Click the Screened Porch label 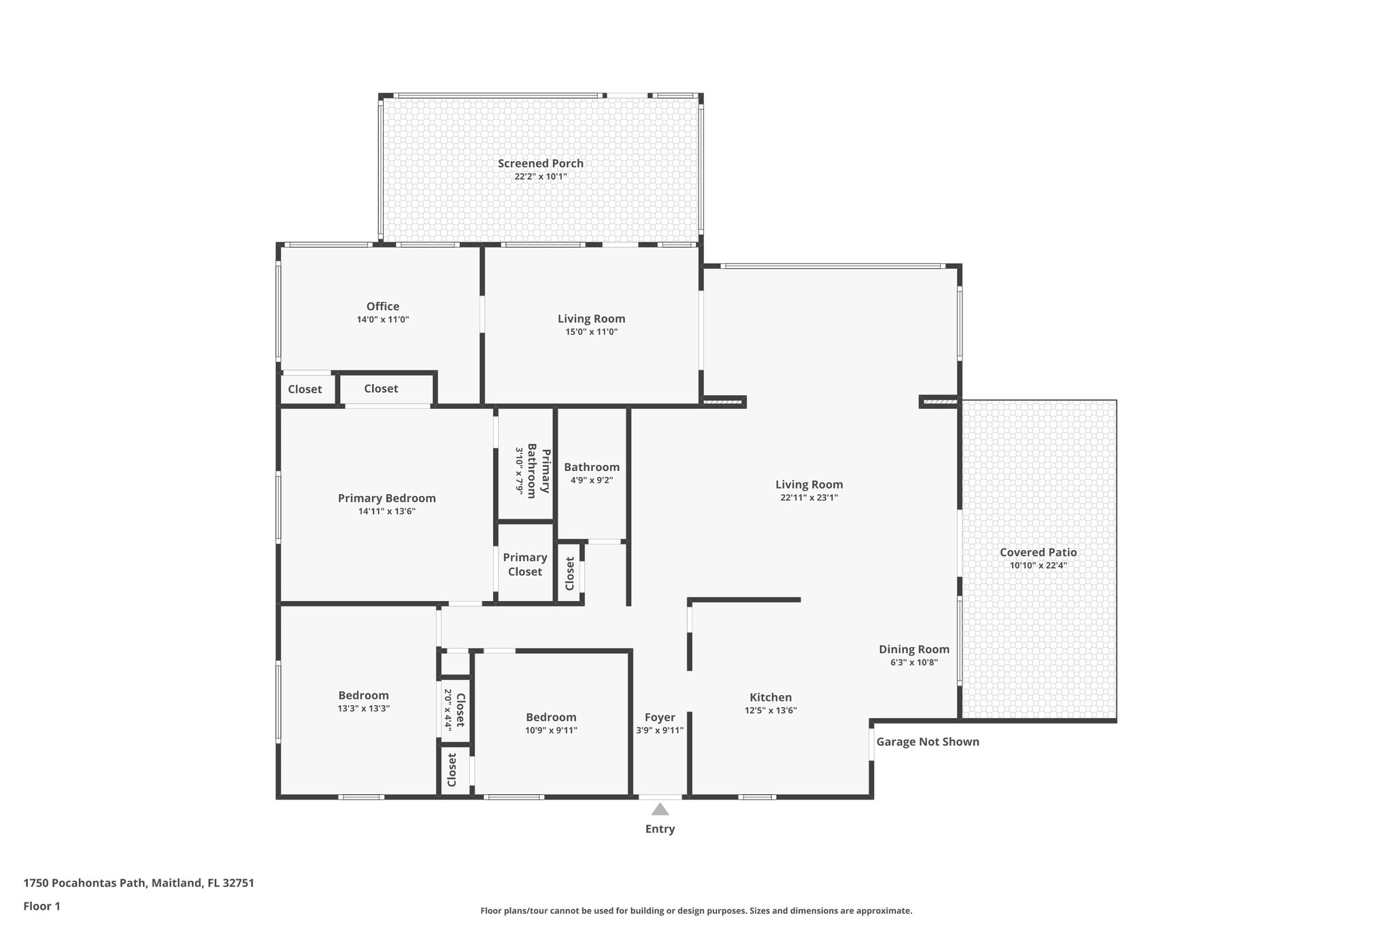(540, 163)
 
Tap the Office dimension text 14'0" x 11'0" (383, 319)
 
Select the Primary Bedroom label (386, 498)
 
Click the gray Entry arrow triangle (660, 809)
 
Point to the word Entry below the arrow (660, 829)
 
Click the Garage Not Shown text (927, 742)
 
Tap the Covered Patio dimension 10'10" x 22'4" (1038, 565)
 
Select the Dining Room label (913, 649)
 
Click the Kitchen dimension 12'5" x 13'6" (770, 711)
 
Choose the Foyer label (660, 717)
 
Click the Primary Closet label (525, 564)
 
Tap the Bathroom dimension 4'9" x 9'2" (591, 480)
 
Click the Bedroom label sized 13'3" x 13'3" (363, 696)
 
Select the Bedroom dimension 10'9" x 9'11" (550, 730)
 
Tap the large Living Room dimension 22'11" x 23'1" (809, 498)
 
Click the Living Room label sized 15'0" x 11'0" (591, 319)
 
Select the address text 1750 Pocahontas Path (86, 883)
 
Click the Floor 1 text (41, 906)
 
